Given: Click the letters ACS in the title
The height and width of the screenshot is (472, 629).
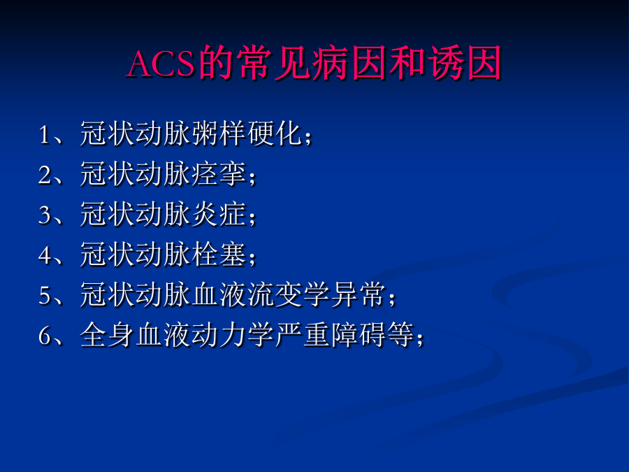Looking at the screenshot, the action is point(161,64).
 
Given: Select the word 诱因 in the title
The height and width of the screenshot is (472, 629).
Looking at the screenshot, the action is point(465,63).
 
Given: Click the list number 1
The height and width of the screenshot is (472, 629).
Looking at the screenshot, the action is point(44,135).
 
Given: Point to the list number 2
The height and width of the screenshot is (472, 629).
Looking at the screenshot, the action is point(45,175).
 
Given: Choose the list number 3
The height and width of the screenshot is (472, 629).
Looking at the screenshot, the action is point(45,215).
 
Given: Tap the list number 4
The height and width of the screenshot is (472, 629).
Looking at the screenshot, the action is point(45,255).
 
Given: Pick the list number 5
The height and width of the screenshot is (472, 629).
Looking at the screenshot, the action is point(45,295).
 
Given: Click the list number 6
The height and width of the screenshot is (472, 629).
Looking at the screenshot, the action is point(45,336).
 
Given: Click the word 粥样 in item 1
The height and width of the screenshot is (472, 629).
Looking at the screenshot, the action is point(219,134).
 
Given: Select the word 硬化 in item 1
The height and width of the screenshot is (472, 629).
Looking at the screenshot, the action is point(275,134).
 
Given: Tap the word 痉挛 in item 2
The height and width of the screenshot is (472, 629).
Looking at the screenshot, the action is point(219,174).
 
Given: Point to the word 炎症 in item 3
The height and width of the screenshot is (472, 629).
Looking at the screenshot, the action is point(219,214).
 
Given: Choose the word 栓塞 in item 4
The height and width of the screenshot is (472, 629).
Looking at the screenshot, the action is point(219,254).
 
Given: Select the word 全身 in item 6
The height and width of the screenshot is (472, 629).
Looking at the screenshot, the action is point(108,334).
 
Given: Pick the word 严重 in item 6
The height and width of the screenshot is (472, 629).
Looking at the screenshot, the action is point(303,334).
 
